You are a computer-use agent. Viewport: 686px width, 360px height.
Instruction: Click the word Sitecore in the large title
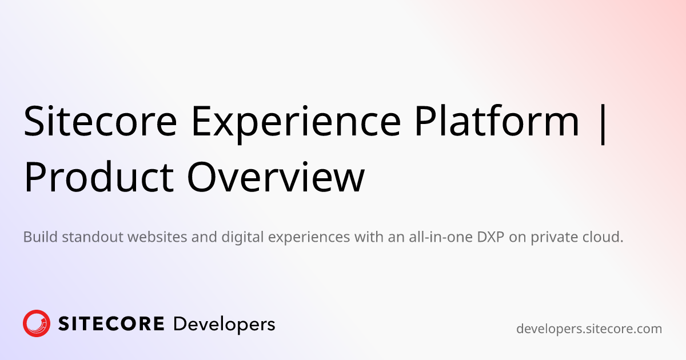click(101, 121)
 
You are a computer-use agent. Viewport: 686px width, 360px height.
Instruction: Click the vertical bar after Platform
click(603, 123)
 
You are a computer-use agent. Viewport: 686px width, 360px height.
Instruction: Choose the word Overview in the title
click(276, 177)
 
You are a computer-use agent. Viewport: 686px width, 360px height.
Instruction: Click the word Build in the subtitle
click(41, 237)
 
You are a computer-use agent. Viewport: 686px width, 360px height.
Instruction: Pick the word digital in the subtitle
click(242, 238)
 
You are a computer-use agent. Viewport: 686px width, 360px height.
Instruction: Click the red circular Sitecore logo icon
click(37, 323)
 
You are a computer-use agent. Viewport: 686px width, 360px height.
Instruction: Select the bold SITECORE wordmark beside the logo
click(111, 323)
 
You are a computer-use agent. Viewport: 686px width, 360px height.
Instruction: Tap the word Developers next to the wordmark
click(224, 325)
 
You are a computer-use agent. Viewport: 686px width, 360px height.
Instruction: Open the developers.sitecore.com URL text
click(589, 329)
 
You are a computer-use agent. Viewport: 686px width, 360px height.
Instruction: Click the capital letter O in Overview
click(202, 177)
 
